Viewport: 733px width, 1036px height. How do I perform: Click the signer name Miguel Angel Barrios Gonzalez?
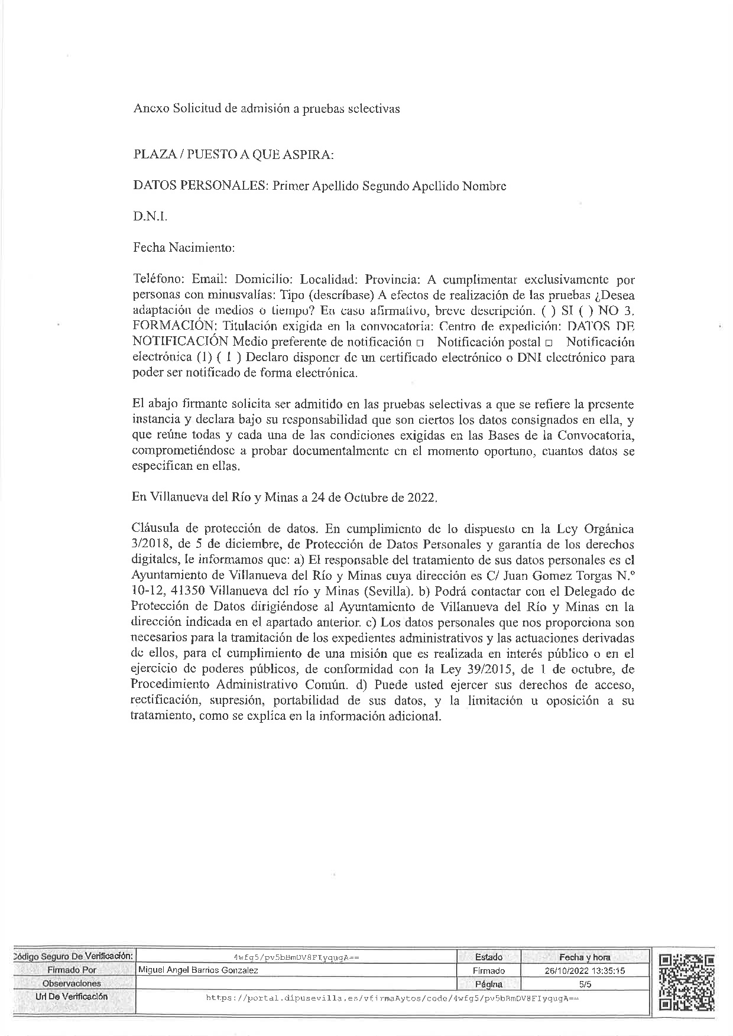click(x=197, y=970)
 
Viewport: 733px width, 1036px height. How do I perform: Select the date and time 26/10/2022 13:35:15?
click(x=585, y=970)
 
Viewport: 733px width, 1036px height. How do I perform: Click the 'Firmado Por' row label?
click(x=72, y=970)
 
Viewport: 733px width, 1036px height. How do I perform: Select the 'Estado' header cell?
click(x=488, y=957)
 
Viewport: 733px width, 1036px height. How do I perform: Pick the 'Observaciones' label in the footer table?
click(x=72, y=984)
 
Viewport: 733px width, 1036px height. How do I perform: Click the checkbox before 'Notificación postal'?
click(x=419, y=343)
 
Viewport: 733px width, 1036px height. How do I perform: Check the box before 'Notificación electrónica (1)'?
click(x=548, y=343)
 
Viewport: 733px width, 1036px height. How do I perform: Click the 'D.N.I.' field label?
click(x=150, y=217)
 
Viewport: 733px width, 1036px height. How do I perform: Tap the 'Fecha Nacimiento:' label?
click(x=184, y=248)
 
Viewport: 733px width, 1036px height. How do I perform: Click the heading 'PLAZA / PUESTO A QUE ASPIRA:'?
click(x=233, y=155)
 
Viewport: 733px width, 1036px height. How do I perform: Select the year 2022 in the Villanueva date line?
click(x=421, y=498)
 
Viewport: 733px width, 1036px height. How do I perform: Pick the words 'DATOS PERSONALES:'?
click(x=200, y=186)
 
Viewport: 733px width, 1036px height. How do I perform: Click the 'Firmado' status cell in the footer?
click(x=488, y=970)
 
